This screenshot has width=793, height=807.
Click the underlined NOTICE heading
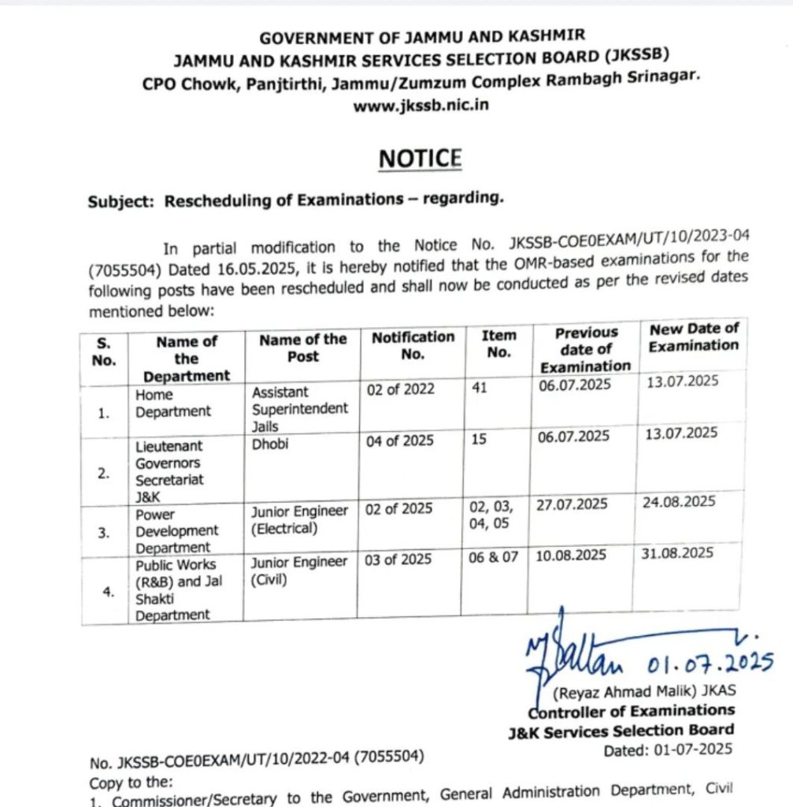420,158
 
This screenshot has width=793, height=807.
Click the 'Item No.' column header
498,344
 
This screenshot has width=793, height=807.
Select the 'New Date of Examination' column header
694,337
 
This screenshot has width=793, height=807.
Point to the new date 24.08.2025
678,501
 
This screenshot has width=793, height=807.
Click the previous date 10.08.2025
572,555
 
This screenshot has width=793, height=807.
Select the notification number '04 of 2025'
400,441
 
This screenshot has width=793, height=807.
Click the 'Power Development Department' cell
177,531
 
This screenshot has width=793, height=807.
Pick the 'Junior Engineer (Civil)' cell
299,571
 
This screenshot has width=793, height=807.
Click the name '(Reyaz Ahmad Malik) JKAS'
644,692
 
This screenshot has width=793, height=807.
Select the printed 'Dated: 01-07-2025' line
668,749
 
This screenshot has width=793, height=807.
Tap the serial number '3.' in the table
104,533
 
